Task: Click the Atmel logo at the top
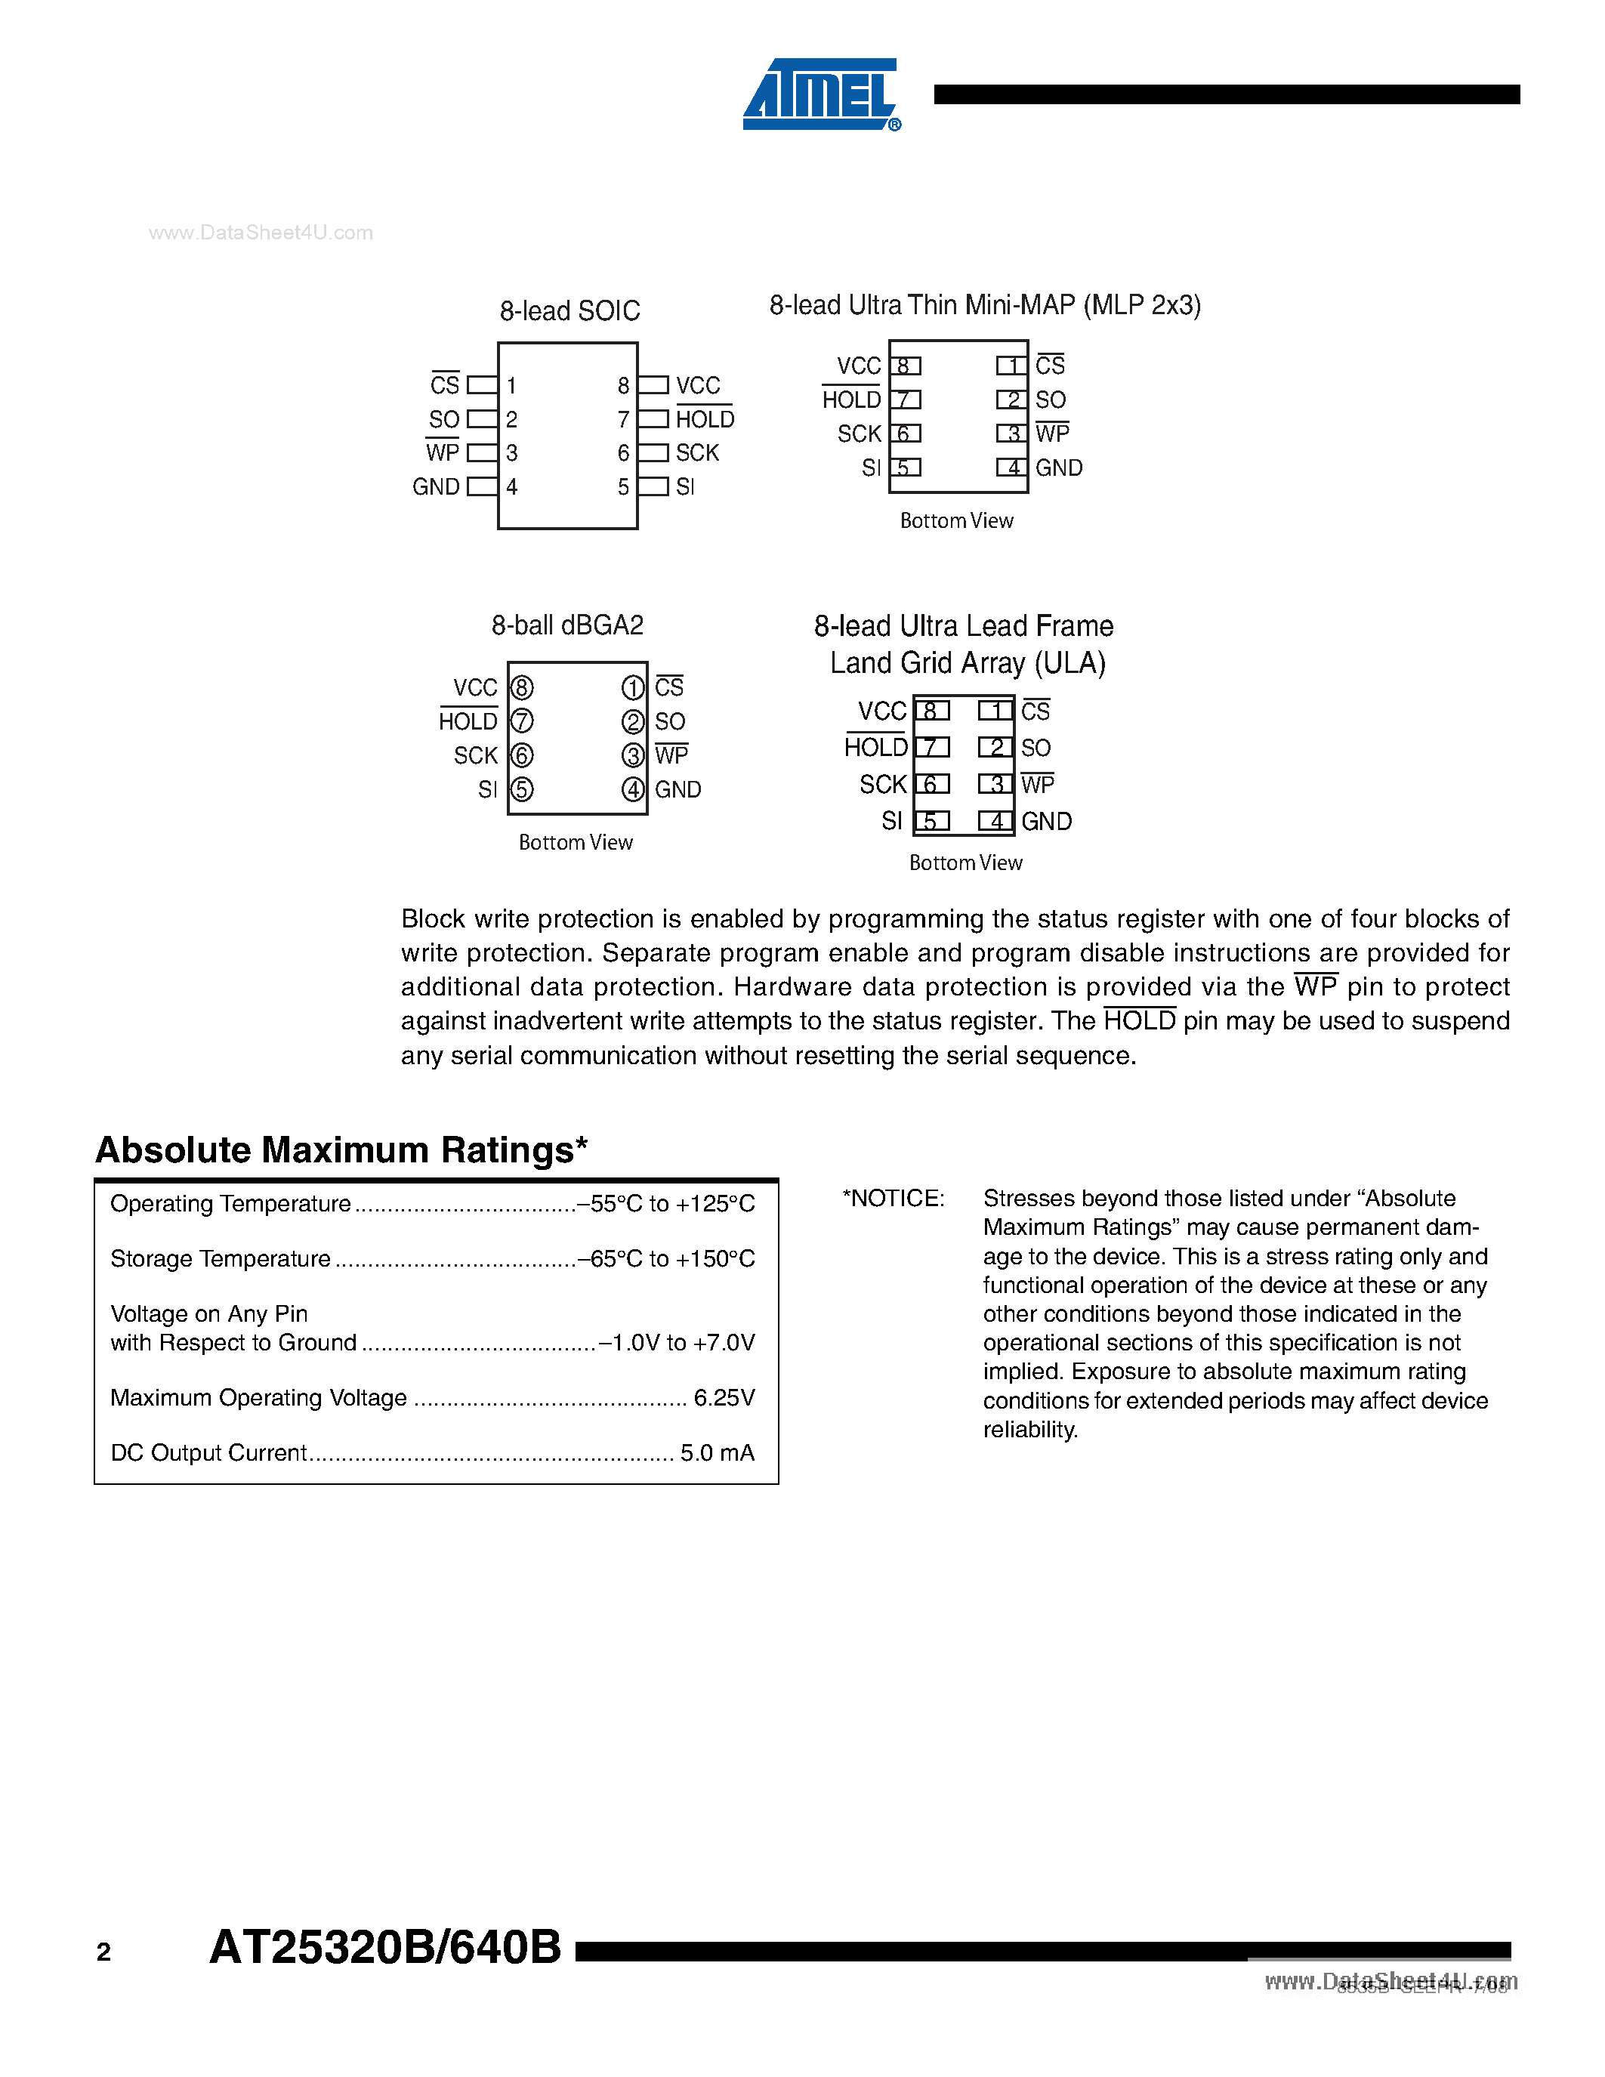819,94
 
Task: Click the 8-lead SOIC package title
569,311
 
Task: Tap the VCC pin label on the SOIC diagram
698,385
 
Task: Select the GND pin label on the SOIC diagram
436,487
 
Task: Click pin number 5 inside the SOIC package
623,487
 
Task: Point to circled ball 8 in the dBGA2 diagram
522,687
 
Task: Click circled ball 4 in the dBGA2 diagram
632,789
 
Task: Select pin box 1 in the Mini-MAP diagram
1011,366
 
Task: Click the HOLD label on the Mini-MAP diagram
851,400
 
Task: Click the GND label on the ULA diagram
1046,822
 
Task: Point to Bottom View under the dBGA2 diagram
576,843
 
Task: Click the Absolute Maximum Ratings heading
341,1150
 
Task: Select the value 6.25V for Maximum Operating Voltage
724,1397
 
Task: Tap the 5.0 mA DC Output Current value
717,1452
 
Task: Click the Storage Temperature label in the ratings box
221,1258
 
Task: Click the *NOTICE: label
893,1199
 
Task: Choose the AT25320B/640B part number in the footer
385,1948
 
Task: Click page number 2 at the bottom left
103,1952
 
